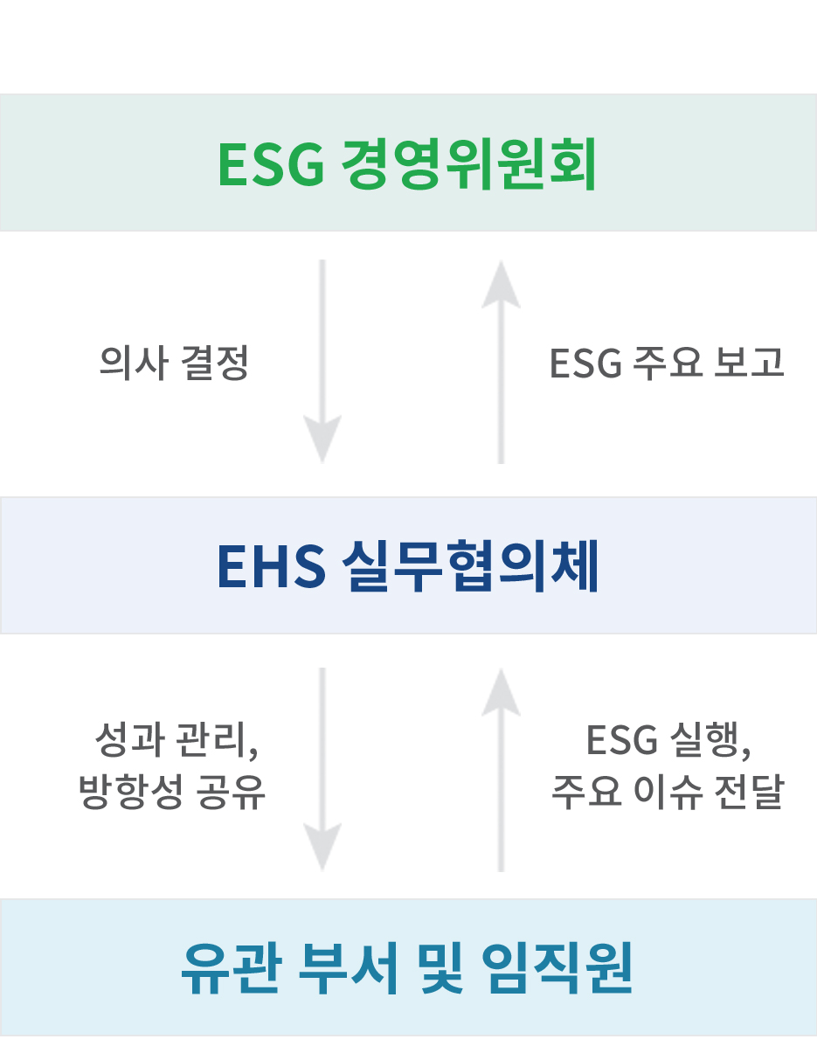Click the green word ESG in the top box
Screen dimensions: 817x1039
(271, 163)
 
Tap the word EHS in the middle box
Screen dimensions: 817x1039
(271, 566)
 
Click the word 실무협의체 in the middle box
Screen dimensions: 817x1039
(470, 566)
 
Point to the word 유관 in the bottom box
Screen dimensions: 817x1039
(232, 968)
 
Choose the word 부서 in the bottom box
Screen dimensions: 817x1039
(348, 968)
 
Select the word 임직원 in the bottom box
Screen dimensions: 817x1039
(557, 968)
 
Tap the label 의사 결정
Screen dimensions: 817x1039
(174, 363)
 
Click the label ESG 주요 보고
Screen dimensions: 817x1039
(667, 363)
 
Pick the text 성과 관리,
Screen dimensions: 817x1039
(177, 739)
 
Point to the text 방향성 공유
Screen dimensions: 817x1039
(172, 791)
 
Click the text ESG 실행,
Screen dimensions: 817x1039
(668, 739)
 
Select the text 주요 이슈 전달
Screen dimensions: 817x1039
(668, 791)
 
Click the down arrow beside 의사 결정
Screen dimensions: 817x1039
(322, 361)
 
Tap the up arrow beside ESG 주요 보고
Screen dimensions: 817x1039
(501, 362)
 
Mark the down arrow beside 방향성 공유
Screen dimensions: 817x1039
(322, 769)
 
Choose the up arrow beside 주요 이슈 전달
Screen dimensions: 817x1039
(501, 770)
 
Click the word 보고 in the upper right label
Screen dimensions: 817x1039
(750, 363)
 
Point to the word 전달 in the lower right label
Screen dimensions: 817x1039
(750, 791)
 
